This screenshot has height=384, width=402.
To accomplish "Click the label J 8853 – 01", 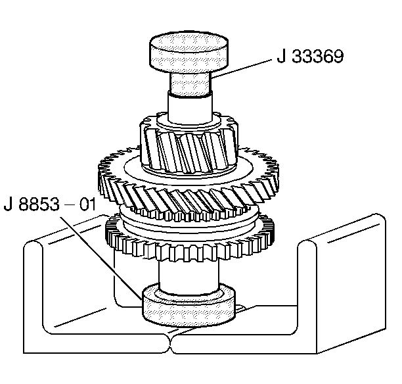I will click(50, 203).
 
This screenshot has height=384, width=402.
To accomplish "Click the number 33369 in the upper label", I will click(319, 58).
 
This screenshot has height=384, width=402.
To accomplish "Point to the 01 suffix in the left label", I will click(87, 203).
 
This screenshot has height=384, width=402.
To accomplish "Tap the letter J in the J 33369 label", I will click(279, 58).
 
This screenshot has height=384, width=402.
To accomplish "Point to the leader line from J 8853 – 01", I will click(112, 256).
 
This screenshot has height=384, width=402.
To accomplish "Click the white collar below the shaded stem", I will click(190, 108).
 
